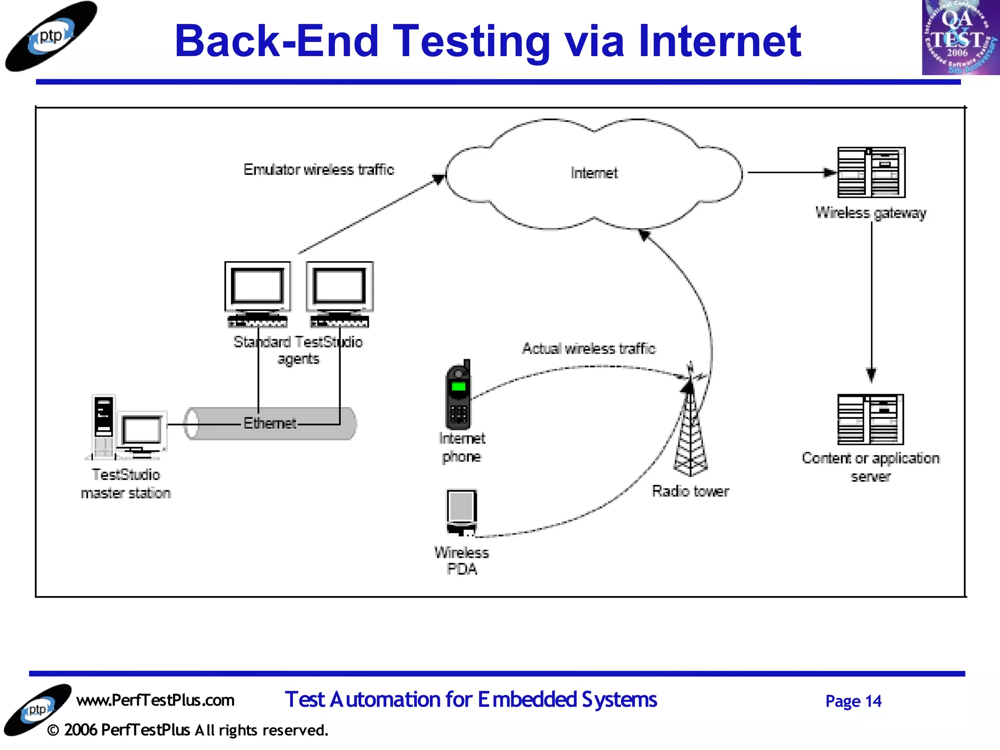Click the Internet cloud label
594,173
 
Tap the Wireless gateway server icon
871,172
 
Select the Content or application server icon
870,419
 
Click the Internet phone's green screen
458,387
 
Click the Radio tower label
690,491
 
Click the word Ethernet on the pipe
270,423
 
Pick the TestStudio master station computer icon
127,429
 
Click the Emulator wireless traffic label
318,169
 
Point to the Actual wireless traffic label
588,349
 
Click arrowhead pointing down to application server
871,375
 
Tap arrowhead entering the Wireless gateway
829,172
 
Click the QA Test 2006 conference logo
960,38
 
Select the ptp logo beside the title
50,37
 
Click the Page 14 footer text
853,701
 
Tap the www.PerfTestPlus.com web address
155,700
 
